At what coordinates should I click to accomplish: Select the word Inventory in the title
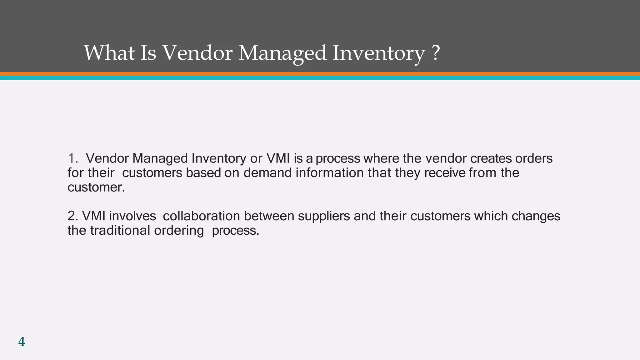click(x=378, y=53)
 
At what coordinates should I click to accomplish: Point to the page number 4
click(x=22, y=342)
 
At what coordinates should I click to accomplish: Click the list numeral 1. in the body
click(x=73, y=158)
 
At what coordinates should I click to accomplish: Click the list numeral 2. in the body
click(x=73, y=216)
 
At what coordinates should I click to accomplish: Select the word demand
click(x=267, y=173)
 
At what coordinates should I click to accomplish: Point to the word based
click(x=203, y=173)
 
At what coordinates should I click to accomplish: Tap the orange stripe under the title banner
click(x=320, y=74)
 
